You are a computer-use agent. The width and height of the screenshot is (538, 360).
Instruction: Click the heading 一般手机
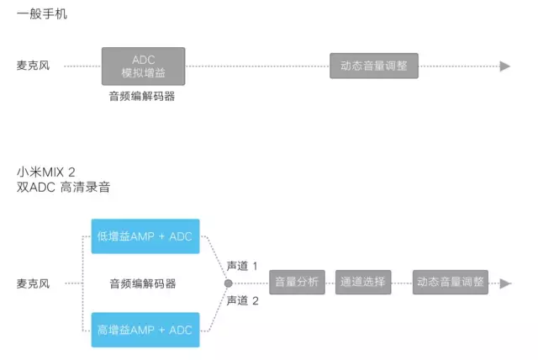pyautogui.click(x=42, y=15)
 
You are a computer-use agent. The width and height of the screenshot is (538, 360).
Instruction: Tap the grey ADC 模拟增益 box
pyautogui.click(x=143, y=66)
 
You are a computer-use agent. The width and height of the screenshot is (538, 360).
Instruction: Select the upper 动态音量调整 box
pyautogui.click(x=374, y=66)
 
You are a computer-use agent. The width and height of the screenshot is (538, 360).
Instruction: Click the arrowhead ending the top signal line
pyautogui.click(x=505, y=66)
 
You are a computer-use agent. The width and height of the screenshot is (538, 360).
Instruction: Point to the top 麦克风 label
pyautogui.click(x=33, y=66)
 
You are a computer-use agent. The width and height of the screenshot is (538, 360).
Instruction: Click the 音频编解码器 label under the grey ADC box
pyautogui.click(x=142, y=97)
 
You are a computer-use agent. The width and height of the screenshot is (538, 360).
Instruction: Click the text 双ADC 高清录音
pyautogui.click(x=63, y=188)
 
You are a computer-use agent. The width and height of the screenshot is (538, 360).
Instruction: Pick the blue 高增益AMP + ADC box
pyautogui.click(x=145, y=330)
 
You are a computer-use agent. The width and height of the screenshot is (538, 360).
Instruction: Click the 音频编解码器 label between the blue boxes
pyautogui.click(x=142, y=283)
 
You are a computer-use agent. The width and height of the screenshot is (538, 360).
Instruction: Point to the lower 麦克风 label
pyautogui.click(x=33, y=283)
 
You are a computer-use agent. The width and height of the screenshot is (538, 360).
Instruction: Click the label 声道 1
pyautogui.click(x=241, y=266)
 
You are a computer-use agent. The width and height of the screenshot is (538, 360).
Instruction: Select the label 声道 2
pyautogui.click(x=241, y=301)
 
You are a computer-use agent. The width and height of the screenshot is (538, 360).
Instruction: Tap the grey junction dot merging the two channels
pyautogui.click(x=228, y=283)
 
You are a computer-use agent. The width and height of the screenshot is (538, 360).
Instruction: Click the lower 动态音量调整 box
pyautogui.click(x=451, y=283)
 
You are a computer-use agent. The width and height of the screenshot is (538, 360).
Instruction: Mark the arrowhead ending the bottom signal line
pyautogui.click(x=505, y=283)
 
